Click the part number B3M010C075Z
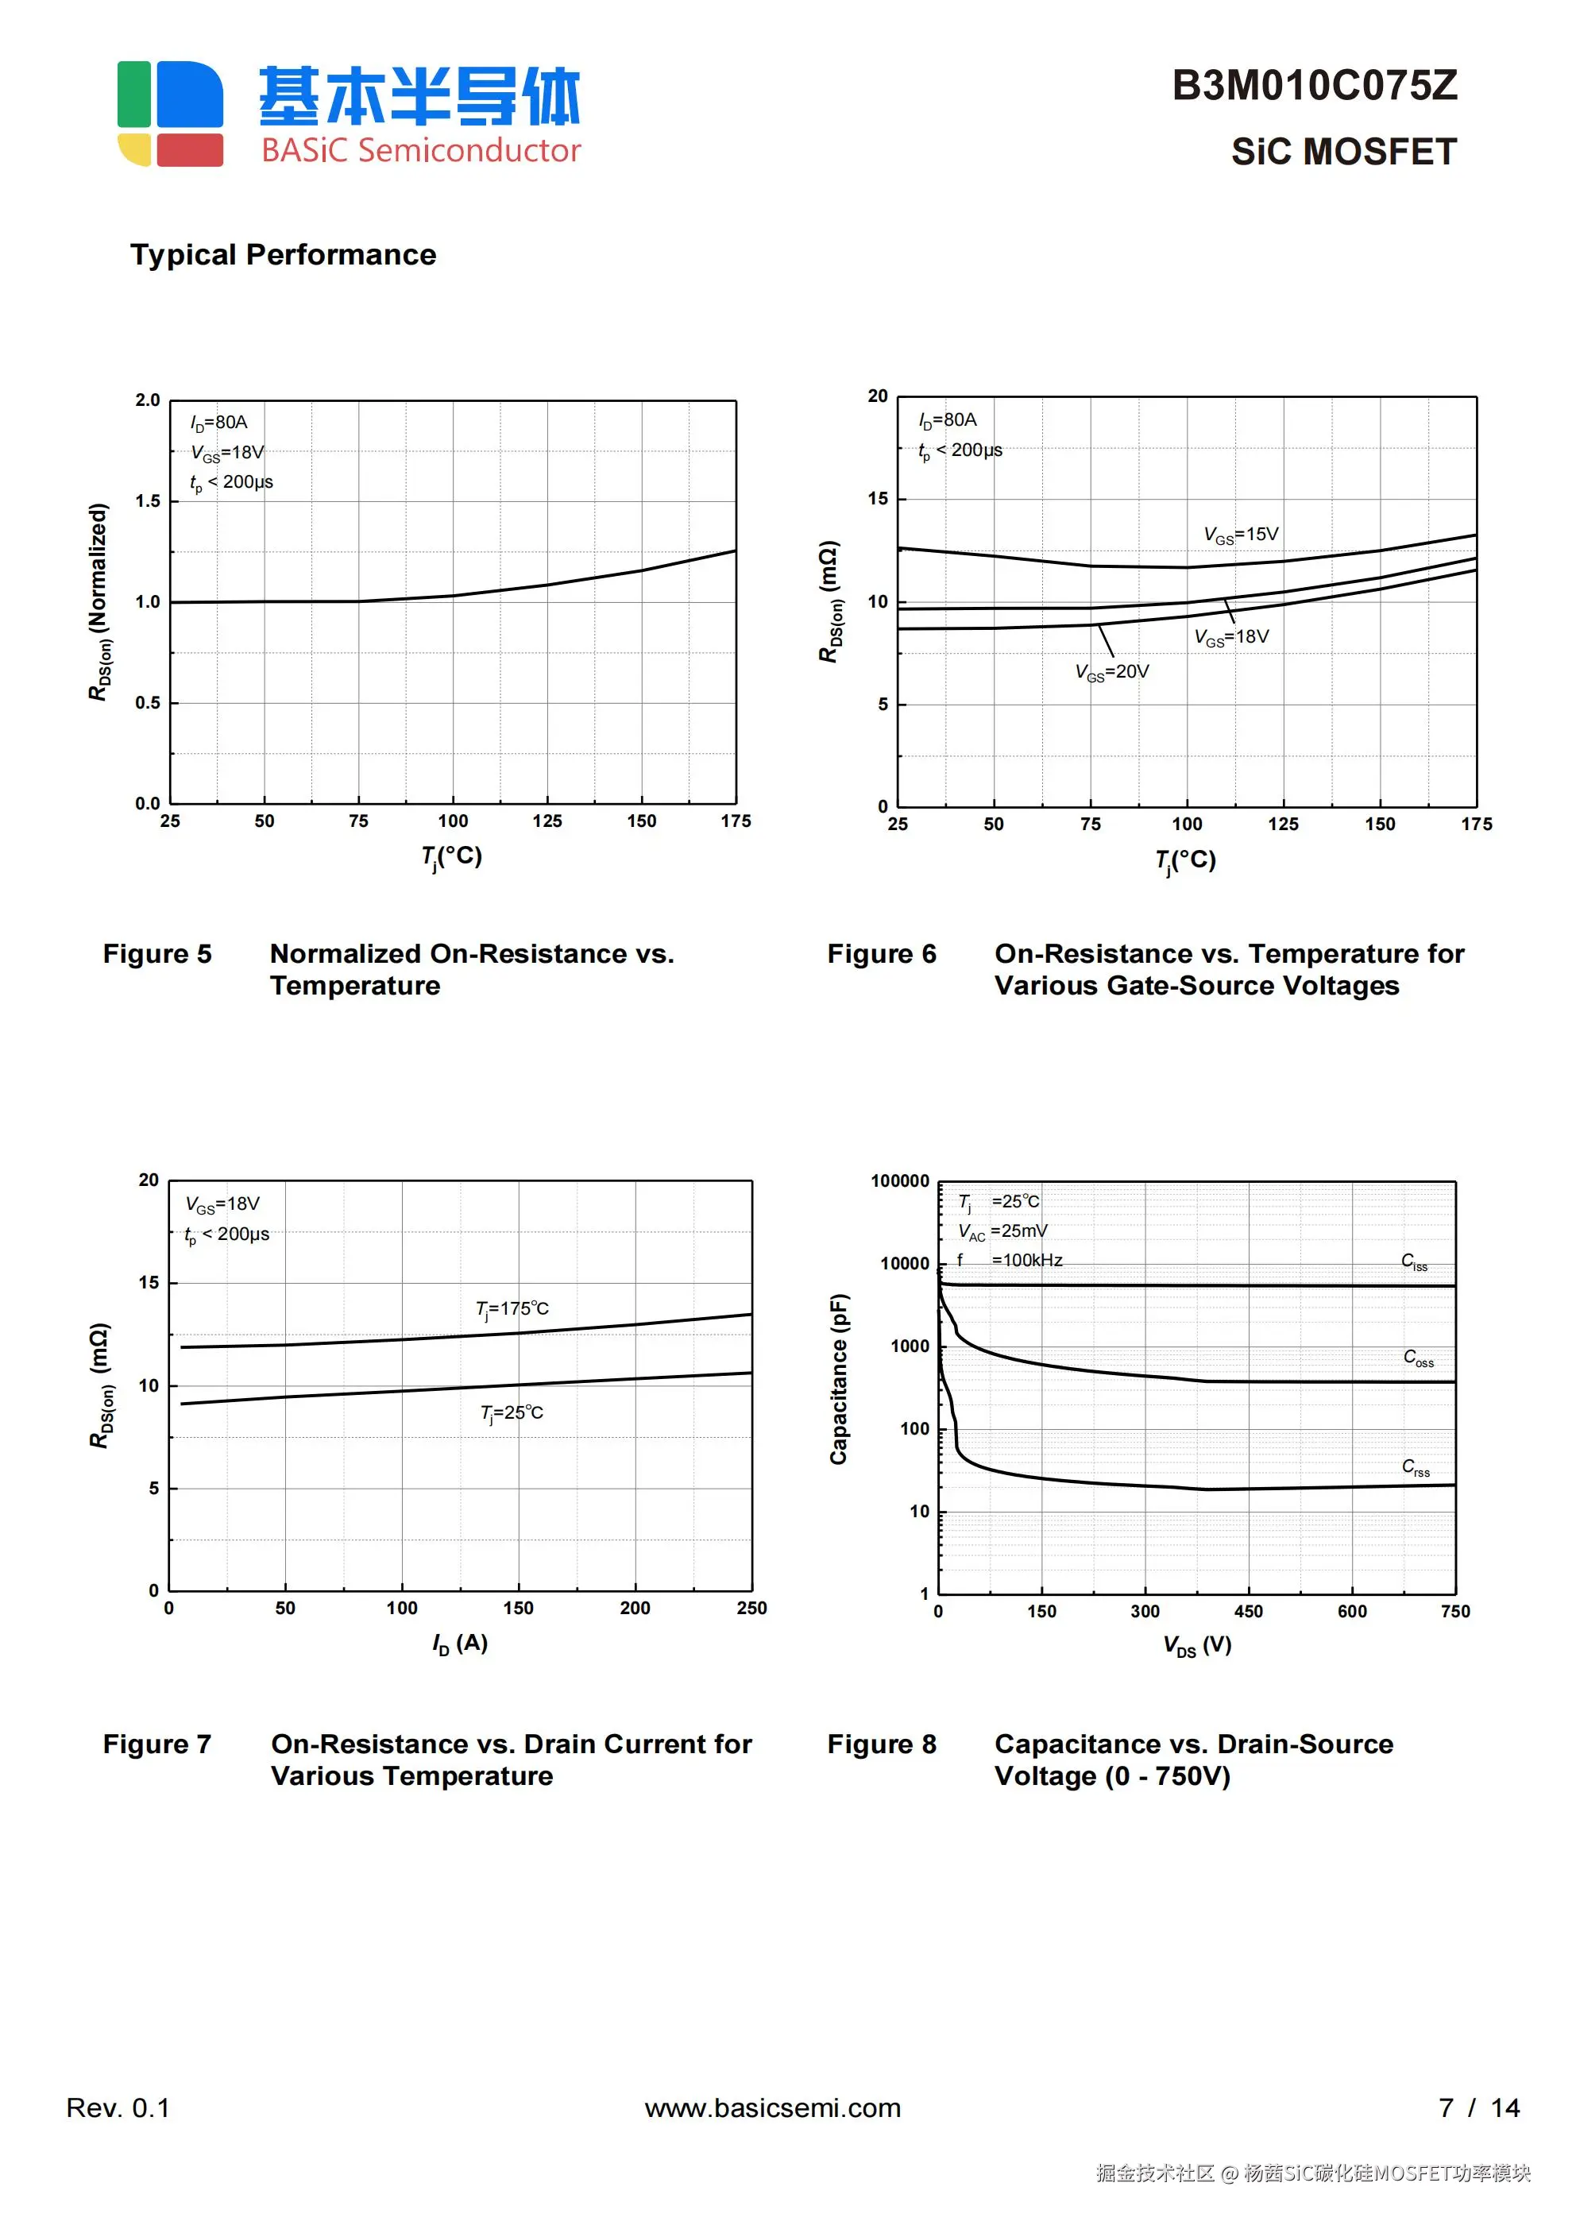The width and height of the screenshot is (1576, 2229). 1314,86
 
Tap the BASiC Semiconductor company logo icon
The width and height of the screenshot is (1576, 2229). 170,113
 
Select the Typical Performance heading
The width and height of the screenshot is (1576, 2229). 283,254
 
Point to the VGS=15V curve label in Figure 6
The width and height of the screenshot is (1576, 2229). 1241,535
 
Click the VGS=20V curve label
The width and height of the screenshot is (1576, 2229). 1112,672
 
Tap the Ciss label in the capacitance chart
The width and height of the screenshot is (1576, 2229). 1414,1261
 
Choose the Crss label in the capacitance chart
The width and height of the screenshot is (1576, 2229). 1416,1467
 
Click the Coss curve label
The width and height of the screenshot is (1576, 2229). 1418,1358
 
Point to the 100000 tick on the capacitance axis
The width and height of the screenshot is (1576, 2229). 899,1181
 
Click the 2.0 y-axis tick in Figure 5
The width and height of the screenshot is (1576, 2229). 148,400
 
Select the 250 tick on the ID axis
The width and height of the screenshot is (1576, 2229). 751,1609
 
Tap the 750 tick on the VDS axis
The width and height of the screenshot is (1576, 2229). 1454,1612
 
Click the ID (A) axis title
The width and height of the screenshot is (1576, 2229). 460,1644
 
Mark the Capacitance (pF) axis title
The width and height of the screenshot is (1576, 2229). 839,1378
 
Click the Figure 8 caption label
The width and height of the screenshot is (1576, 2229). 881,1744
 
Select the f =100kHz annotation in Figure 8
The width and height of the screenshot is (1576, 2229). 1010,1260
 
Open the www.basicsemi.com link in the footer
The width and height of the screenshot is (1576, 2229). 772,2107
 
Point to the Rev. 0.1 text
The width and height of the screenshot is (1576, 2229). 118,2107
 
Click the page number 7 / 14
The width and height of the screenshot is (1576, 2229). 1479,2107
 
